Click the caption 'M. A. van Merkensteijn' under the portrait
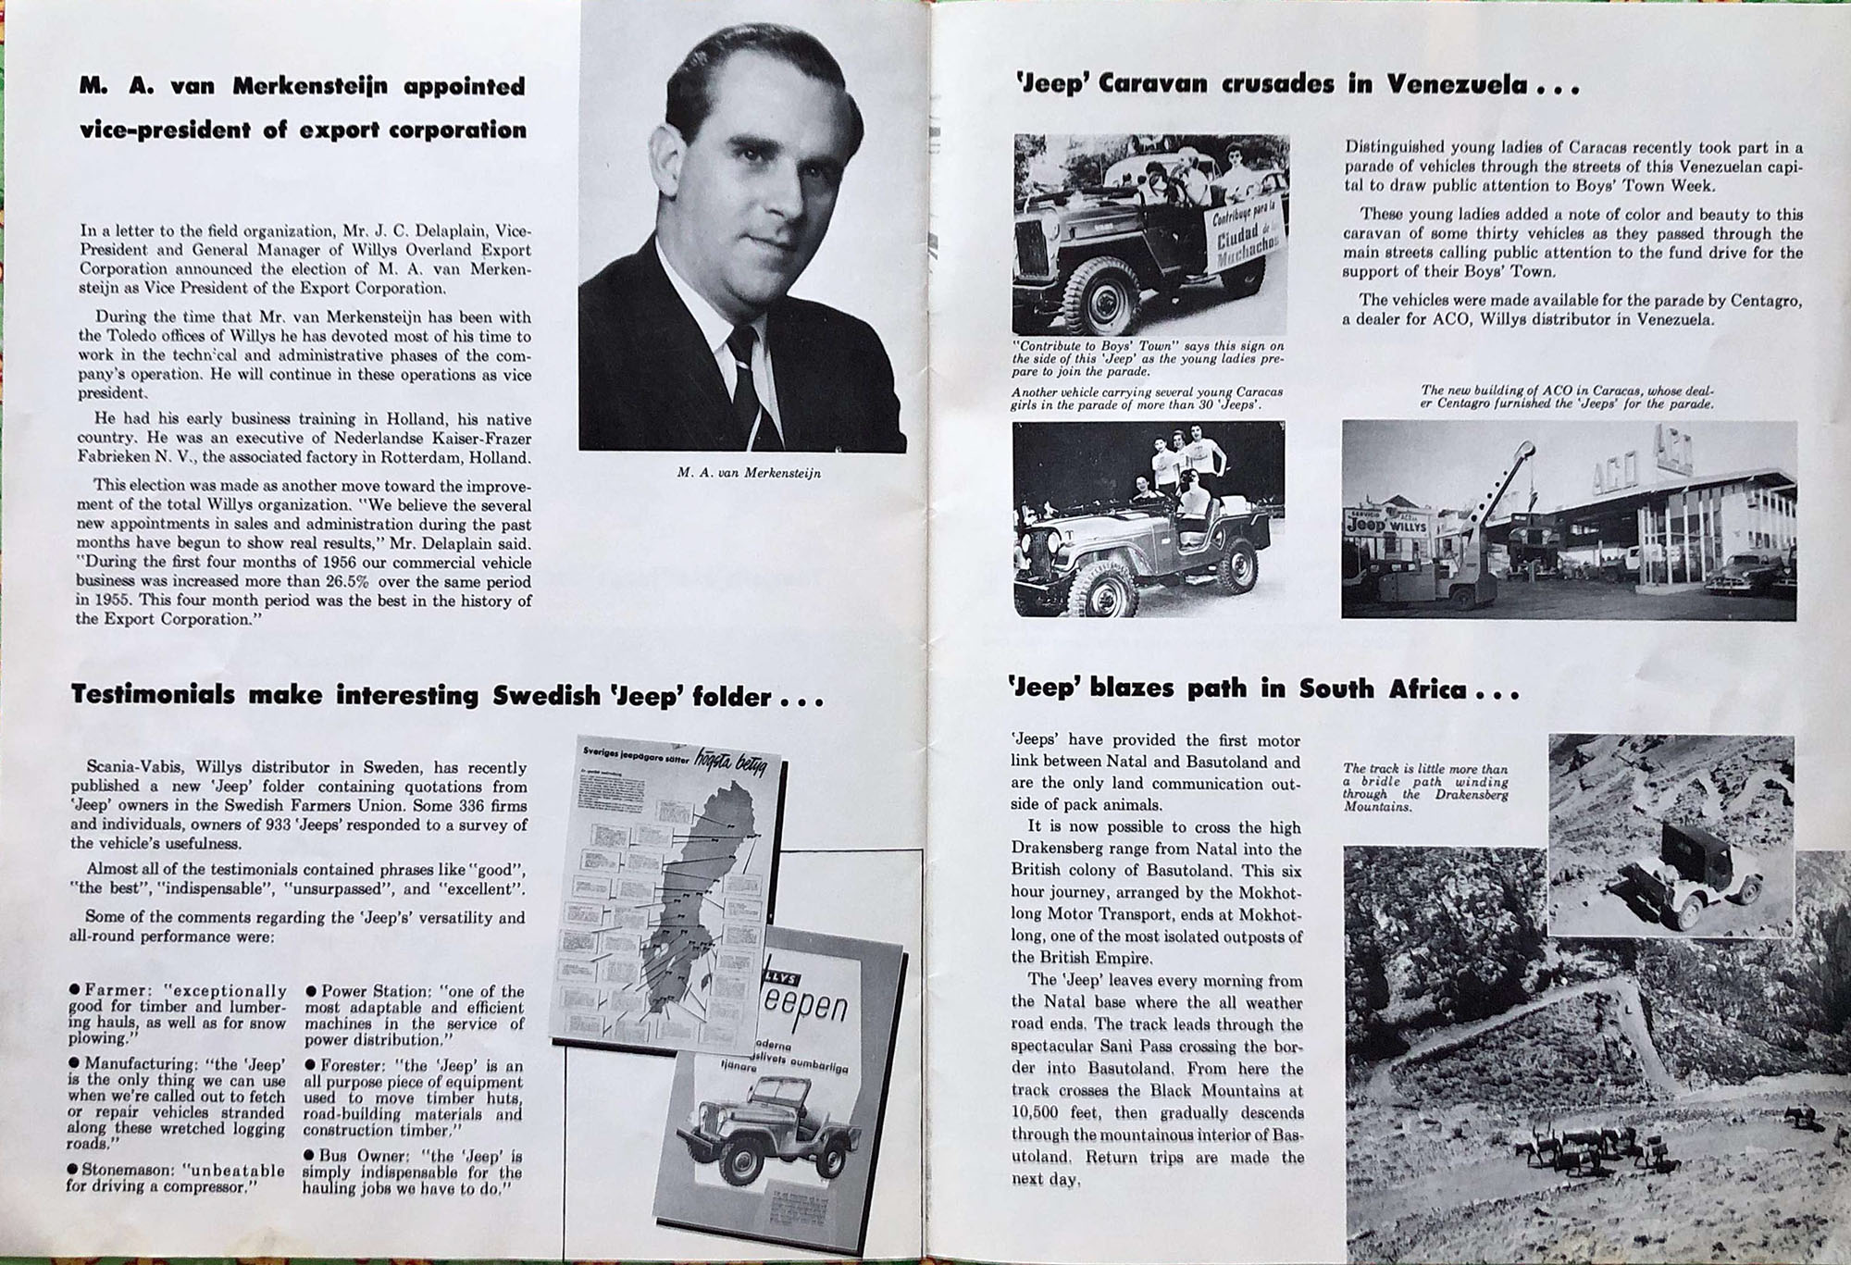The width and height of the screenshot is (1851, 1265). coord(749,473)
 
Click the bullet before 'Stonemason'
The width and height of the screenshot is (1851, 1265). coord(73,1169)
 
